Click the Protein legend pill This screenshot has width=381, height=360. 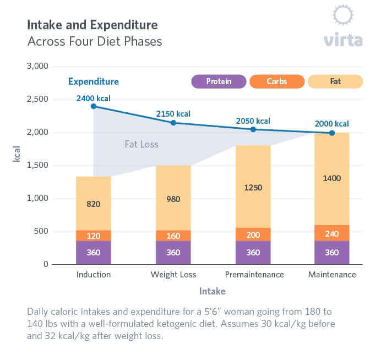(219, 81)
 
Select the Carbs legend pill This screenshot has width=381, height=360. (276, 81)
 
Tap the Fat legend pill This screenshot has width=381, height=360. (335, 81)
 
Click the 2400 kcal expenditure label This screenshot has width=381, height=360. (93, 99)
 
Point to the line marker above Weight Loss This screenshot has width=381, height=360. (173, 123)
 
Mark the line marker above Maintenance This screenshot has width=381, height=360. (332, 133)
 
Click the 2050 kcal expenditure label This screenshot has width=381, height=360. (253, 121)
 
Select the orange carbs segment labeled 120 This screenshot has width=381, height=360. (94, 236)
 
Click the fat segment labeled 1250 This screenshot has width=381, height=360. (253, 187)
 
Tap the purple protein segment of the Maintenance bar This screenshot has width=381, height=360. (332, 253)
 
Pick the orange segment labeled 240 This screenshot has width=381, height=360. (332, 233)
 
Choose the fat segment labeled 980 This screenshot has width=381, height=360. (173, 198)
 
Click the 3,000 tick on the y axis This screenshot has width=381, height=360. (37, 66)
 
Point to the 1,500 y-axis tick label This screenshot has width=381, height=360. (37, 165)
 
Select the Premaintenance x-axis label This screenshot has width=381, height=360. (254, 274)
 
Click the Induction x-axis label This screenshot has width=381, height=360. (94, 274)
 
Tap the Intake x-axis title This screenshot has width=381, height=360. (212, 291)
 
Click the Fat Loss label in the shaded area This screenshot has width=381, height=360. (141, 144)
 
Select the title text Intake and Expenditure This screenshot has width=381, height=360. (92, 25)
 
